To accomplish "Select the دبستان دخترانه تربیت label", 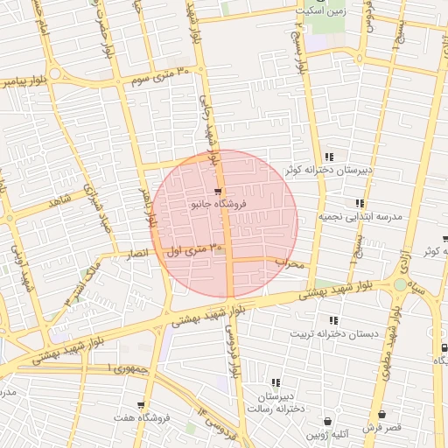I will [332, 333].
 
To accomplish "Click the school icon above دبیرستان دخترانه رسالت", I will [276, 382].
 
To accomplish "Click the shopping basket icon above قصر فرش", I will [382, 416].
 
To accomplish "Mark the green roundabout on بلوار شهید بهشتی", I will [400, 284].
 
